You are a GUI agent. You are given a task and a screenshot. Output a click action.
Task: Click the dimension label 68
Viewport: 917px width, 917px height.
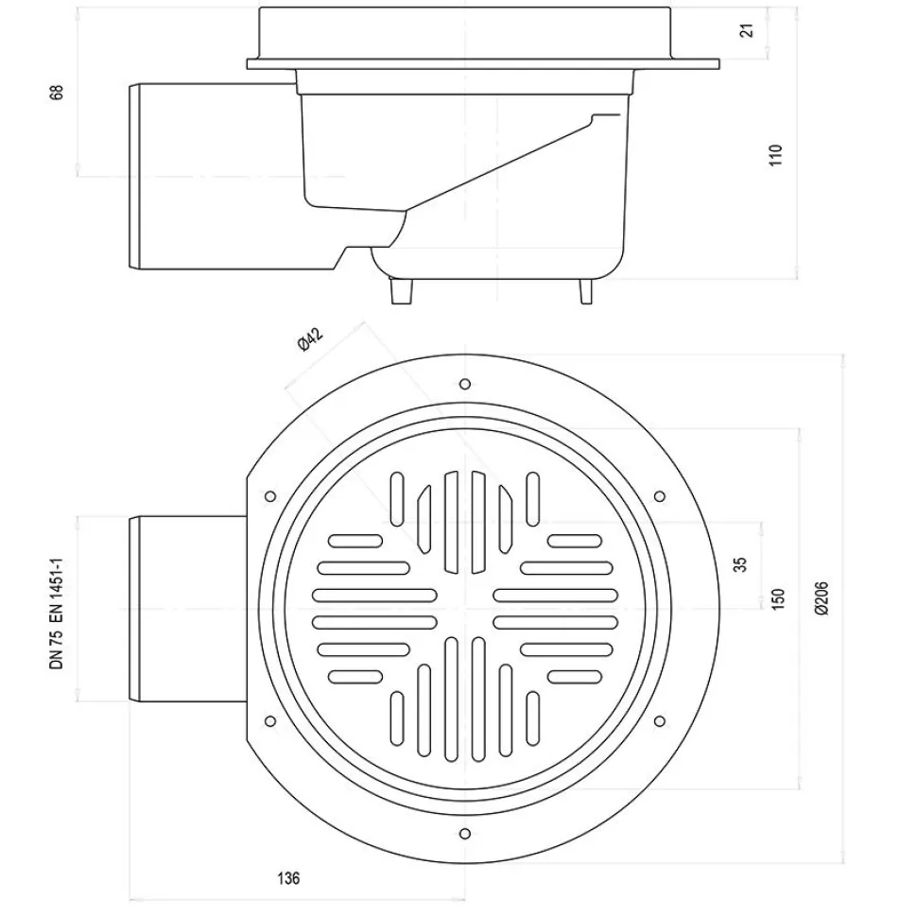56,93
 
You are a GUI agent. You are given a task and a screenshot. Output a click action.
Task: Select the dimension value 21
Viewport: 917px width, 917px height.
747,30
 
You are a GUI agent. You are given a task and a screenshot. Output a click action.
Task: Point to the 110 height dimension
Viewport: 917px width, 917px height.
775,155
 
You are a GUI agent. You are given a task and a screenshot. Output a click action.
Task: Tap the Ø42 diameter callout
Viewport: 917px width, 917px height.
310,339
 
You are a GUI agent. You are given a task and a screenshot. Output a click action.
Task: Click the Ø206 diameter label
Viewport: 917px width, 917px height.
821,597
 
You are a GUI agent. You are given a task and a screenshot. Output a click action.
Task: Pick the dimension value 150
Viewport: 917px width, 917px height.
777,599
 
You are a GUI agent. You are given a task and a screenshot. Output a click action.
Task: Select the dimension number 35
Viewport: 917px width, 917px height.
740,564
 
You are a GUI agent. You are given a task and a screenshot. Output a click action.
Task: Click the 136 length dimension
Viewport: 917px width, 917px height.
288,878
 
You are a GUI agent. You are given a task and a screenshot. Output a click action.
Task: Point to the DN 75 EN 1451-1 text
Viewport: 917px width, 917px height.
56,614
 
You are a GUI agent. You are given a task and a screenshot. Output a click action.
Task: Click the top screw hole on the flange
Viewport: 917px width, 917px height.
465,384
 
